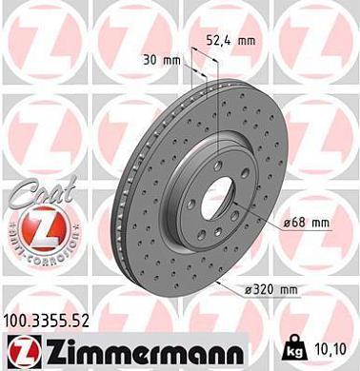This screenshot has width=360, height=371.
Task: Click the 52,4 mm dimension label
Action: pyautogui.click(x=231, y=42)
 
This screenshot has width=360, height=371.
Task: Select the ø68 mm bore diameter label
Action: pyautogui.click(x=306, y=223)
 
